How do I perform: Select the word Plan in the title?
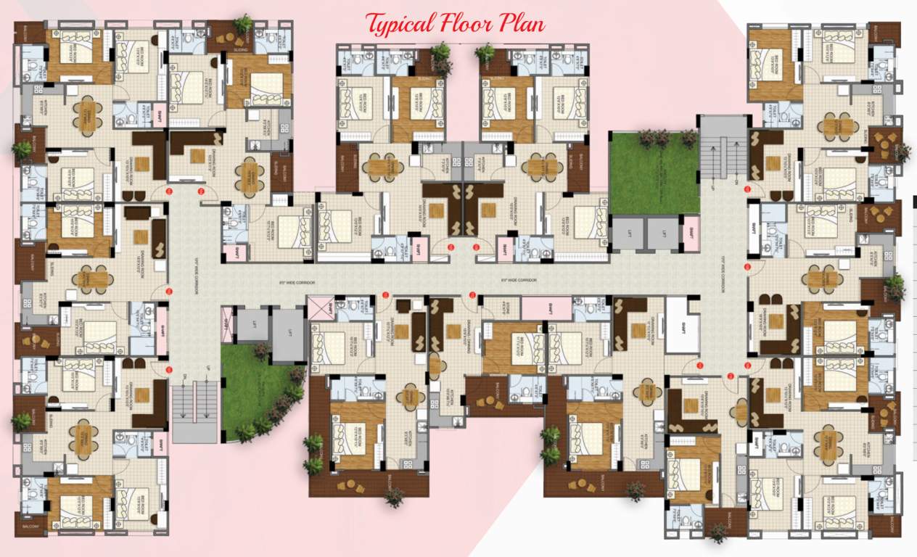(522, 23)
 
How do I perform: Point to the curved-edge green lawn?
(250, 392)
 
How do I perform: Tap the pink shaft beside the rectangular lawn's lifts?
(691, 234)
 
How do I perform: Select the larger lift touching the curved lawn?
(288, 335)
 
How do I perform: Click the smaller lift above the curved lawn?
(252, 324)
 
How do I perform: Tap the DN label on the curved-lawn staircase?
(185, 376)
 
